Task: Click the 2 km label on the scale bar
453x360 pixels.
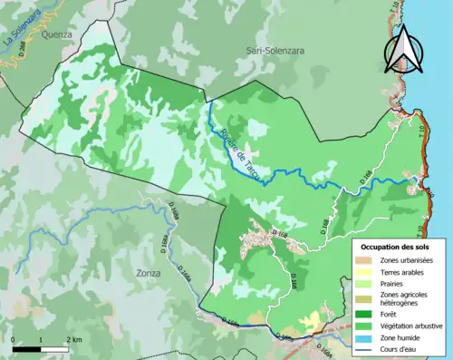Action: tap(73, 339)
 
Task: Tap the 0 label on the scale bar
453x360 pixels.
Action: tap(14, 339)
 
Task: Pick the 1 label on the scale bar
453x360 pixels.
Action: tap(41, 339)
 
